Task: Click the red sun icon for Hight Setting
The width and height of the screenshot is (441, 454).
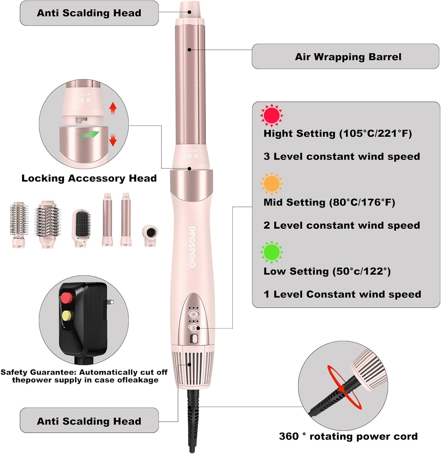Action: [x=271, y=115]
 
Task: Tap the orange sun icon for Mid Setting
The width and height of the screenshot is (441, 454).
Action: [x=271, y=184]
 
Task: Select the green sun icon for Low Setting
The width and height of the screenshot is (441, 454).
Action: [x=271, y=252]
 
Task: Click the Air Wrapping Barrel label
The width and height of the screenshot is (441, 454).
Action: [x=348, y=57]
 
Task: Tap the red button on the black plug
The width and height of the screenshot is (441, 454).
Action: [x=67, y=297]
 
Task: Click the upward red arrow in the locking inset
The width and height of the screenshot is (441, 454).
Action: [x=113, y=107]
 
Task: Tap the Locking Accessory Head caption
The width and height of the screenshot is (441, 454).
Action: [x=89, y=178]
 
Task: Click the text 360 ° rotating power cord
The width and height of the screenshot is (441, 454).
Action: [x=348, y=436]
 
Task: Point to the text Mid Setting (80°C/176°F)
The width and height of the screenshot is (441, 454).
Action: [x=329, y=202]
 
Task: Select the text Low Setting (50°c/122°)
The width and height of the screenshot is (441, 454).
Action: [x=327, y=271]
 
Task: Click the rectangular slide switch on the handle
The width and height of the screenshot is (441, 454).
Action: [x=194, y=339]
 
